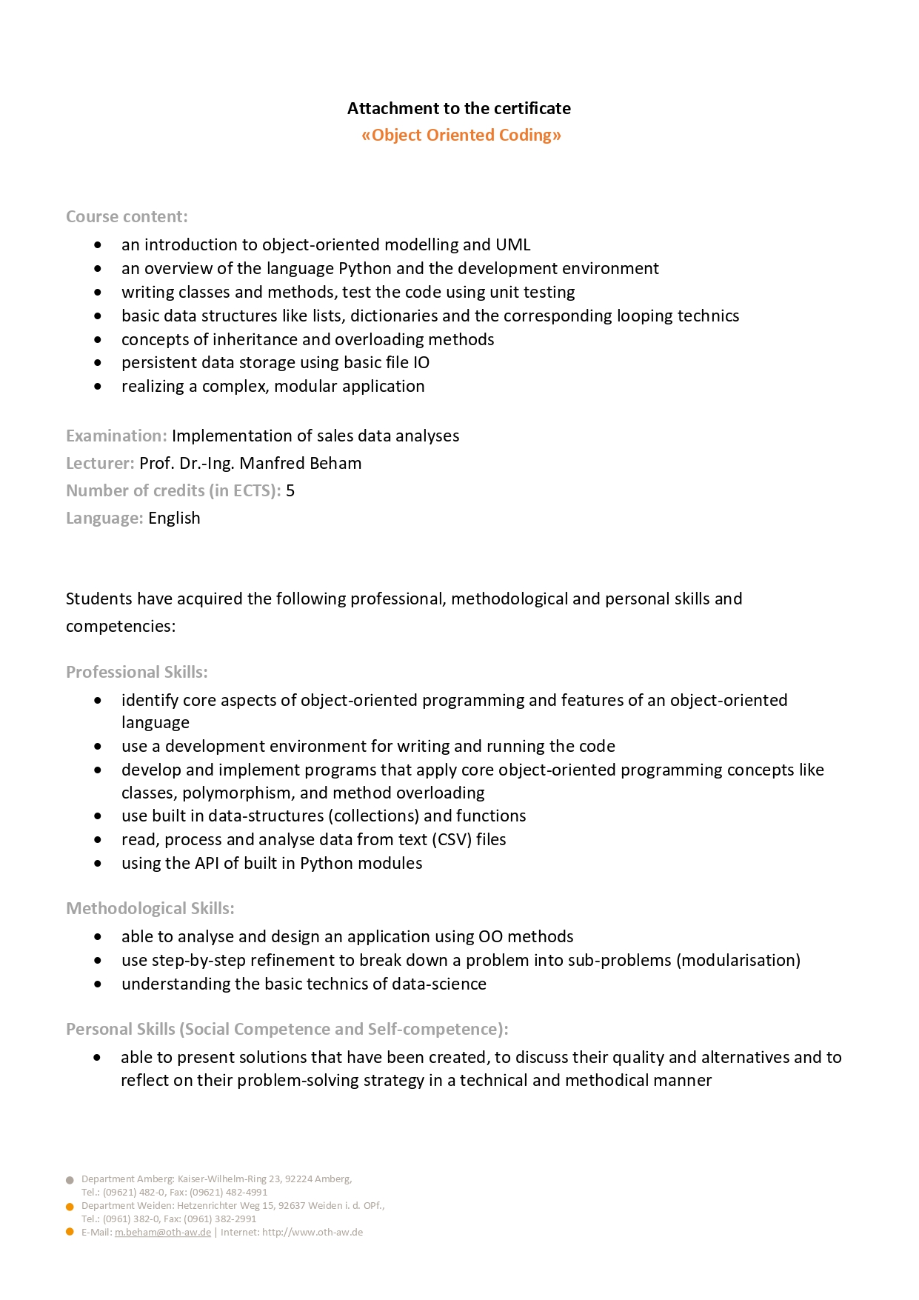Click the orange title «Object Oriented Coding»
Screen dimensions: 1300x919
click(461, 135)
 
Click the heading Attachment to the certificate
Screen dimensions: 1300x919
click(459, 108)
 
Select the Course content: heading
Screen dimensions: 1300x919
click(127, 216)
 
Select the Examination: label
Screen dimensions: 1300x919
click(116, 436)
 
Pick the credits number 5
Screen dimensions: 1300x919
click(290, 490)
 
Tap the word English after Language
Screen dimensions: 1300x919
click(174, 518)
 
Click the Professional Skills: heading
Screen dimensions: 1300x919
click(137, 672)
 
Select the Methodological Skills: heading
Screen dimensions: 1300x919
click(150, 908)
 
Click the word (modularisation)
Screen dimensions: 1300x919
click(738, 960)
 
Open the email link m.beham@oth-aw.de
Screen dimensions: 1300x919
click(163, 1232)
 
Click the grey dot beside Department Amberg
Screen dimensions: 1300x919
click(70, 1180)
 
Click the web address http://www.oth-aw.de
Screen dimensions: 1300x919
click(313, 1232)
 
